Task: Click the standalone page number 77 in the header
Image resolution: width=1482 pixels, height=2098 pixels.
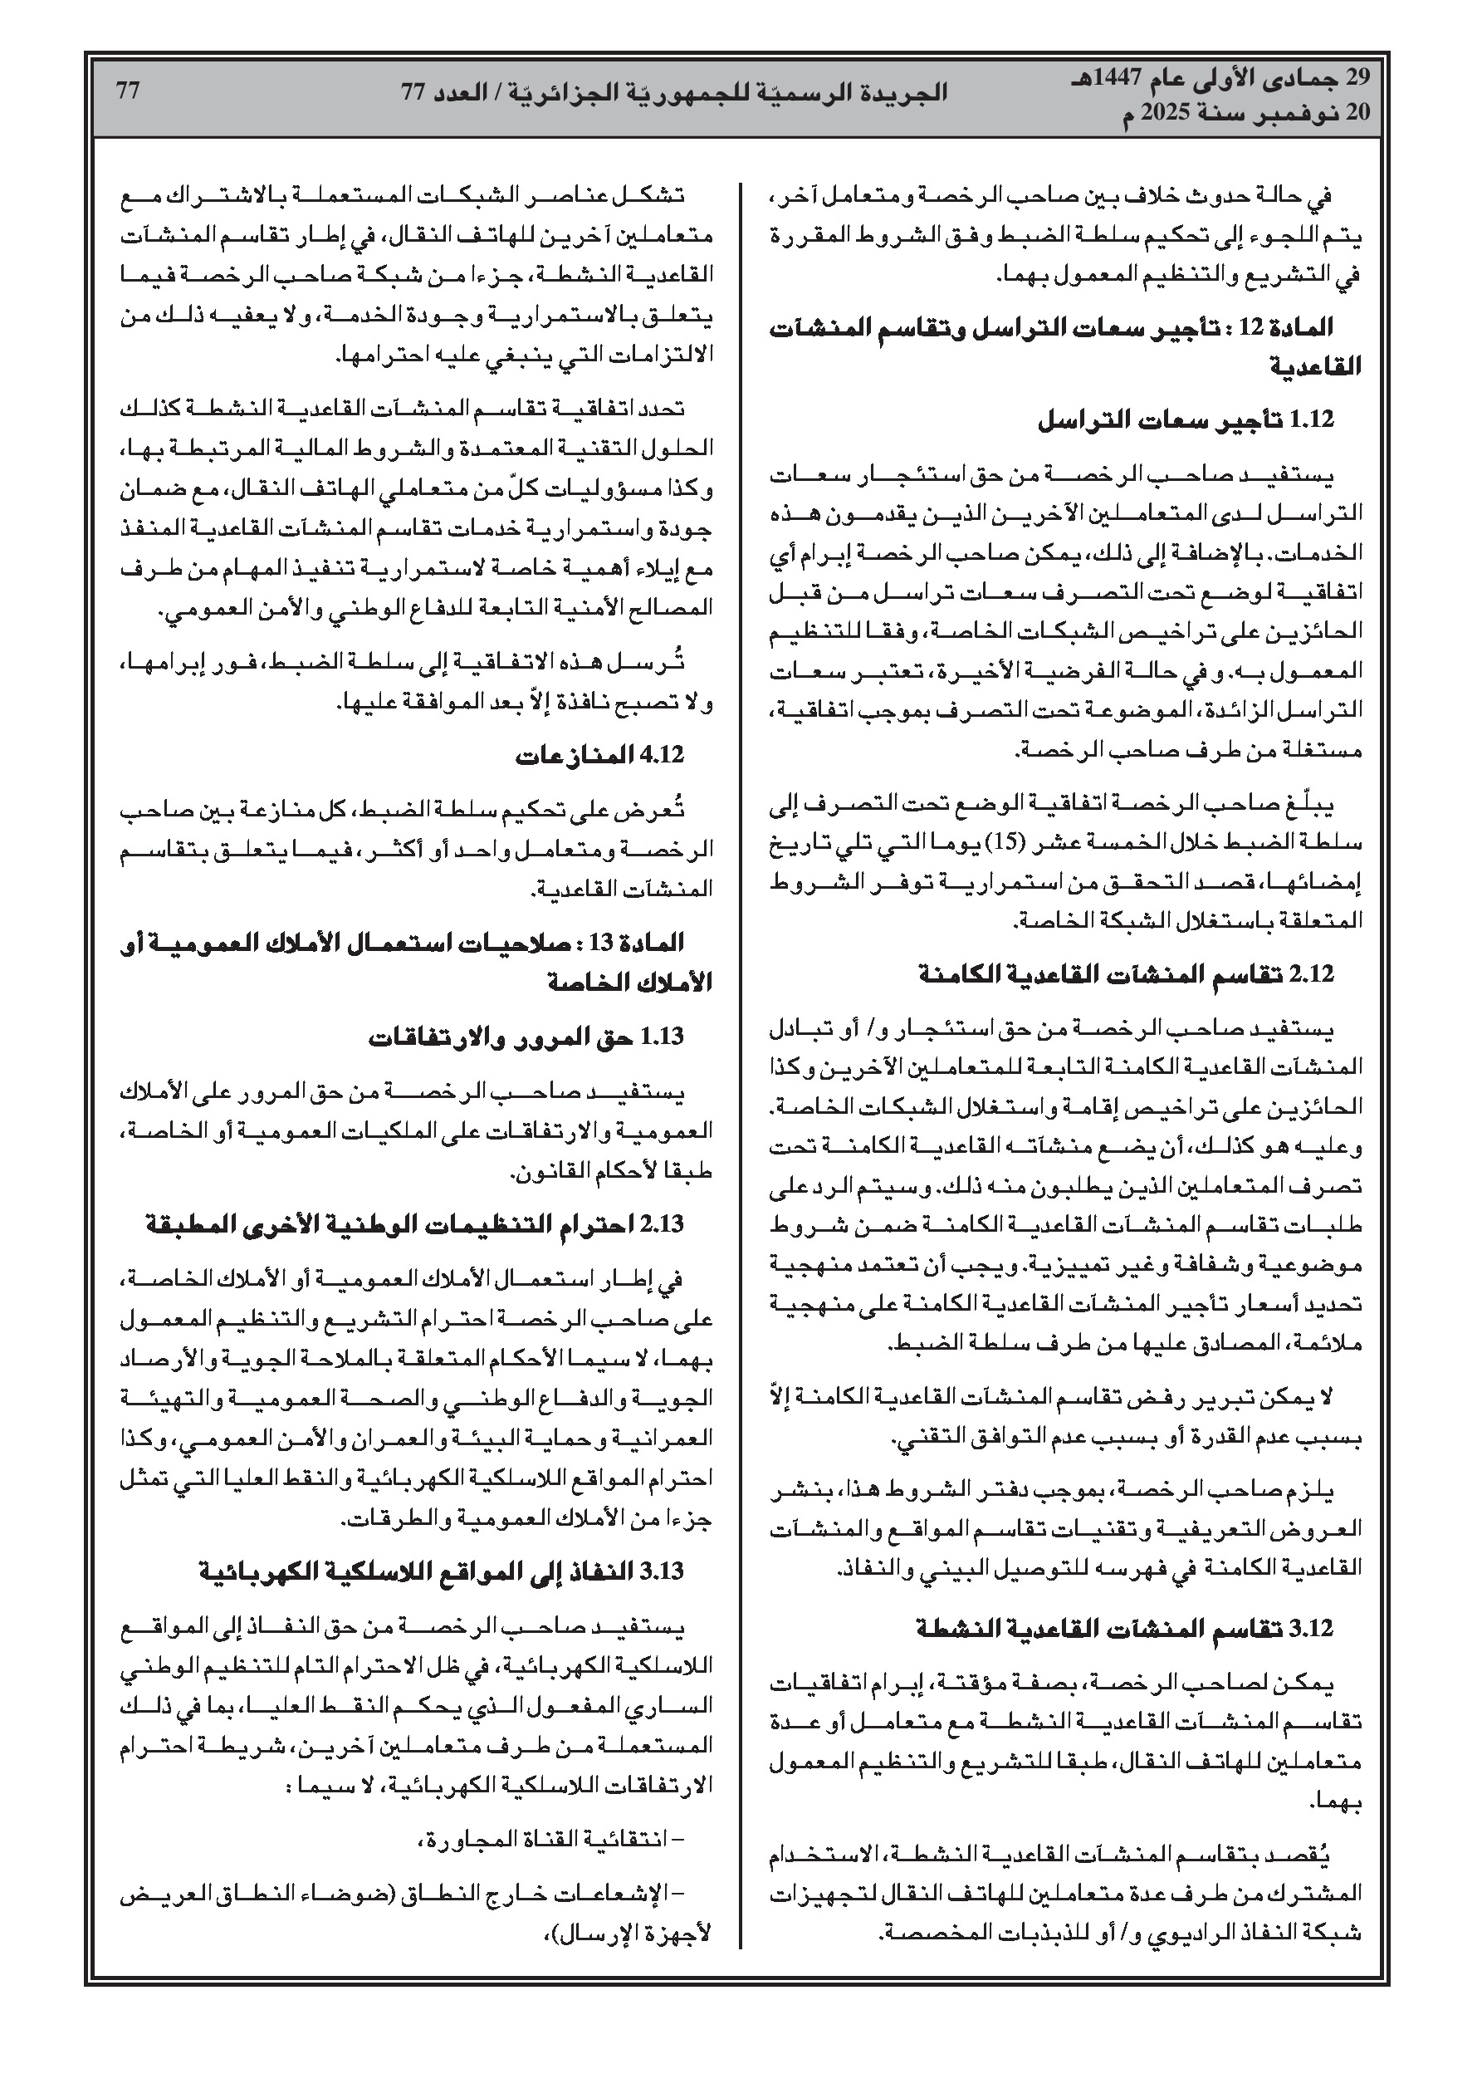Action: (x=128, y=91)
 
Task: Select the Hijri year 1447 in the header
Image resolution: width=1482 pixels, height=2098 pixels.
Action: (x=1157, y=79)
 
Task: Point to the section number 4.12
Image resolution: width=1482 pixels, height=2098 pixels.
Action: (x=663, y=756)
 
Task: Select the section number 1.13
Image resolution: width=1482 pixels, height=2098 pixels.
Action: (x=663, y=1037)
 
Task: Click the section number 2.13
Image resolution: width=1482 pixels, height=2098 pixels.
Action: (x=663, y=1224)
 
